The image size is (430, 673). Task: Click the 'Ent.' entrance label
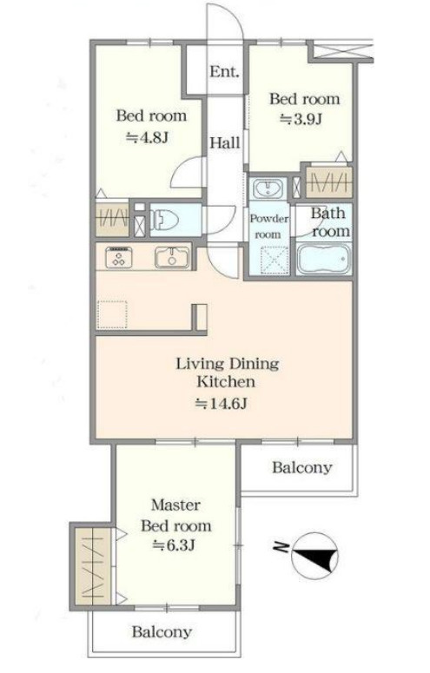click(x=224, y=71)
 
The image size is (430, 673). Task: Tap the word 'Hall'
click(x=224, y=142)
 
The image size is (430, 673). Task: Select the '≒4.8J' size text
click(x=147, y=137)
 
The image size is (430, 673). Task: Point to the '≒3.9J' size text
click(x=301, y=119)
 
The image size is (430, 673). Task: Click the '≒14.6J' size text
click(x=221, y=404)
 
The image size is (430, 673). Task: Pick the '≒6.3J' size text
click(x=175, y=545)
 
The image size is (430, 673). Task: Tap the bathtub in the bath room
click(x=324, y=259)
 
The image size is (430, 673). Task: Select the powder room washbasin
click(x=268, y=188)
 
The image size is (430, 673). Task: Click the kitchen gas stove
click(x=118, y=258)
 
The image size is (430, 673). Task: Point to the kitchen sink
click(x=172, y=258)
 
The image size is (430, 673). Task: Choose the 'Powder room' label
click(x=269, y=227)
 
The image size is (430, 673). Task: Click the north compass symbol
click(x=314, y=557)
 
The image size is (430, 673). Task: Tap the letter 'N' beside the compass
click(x=281, y=547)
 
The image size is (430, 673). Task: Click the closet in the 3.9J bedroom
click(x=329, y=182)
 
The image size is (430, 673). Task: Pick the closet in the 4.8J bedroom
click(x=112, y=219)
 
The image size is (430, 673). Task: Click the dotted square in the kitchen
click(x=112, y=315)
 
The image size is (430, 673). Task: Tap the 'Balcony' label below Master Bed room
click(x=162, y=632)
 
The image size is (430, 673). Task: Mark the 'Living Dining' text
click(x=228, y=364)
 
